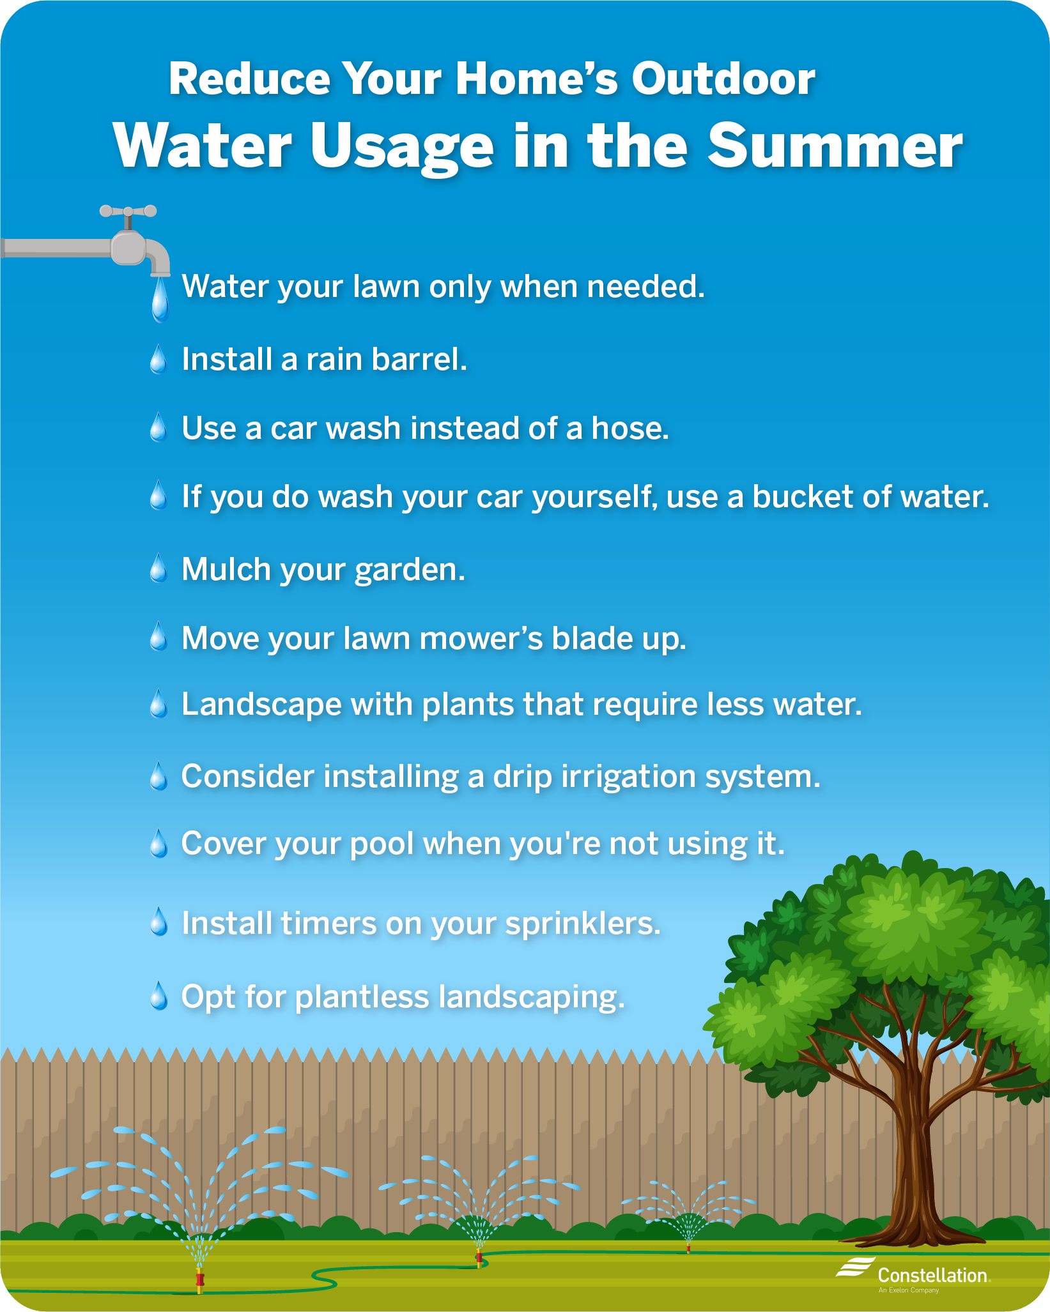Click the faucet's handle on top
(x=128, y=211)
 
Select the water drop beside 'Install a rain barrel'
(x=158, y=359)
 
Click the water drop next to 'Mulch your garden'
(x=158, y=568)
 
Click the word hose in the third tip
(x=630, y=428)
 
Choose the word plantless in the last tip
(x=362, y=997)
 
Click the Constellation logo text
(x=932, y=1276)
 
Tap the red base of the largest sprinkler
(x=199, y=1279)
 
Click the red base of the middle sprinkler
(x=479, y=1258)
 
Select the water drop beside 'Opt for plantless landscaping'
(x=158, y=996)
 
